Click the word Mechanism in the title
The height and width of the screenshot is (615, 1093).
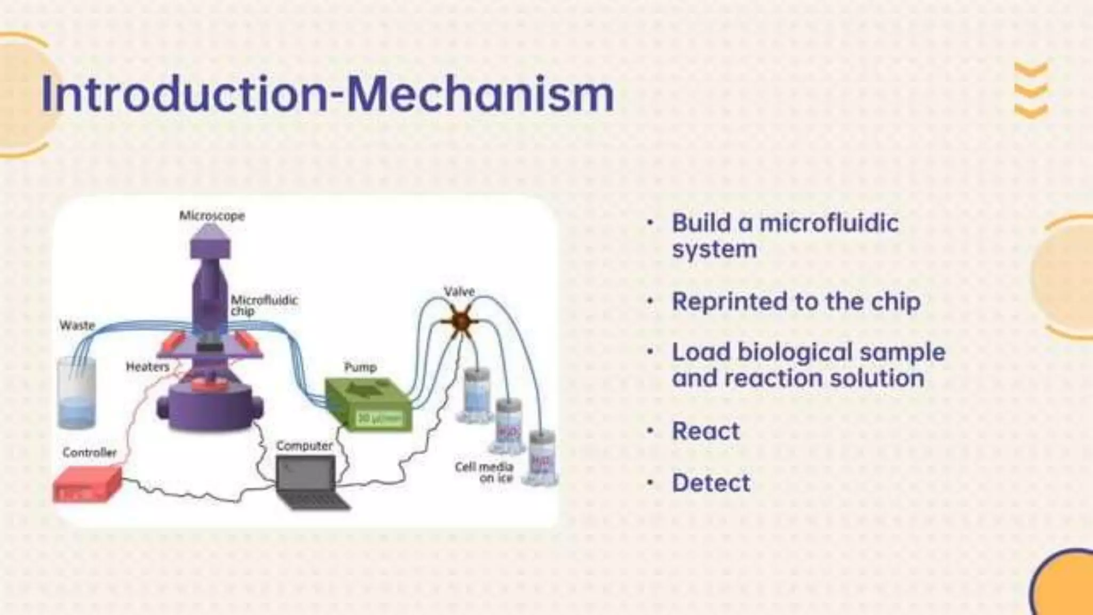[480, 94]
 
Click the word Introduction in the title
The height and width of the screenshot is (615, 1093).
[184, 94]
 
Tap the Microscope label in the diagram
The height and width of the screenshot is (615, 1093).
[212, 216]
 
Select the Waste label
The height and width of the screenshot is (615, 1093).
[77, 325]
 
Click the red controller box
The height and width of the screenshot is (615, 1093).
[87, 484]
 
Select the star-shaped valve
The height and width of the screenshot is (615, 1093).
[461, 322]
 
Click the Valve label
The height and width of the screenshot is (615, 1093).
[459, 292]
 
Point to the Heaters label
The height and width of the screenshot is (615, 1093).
[147, 367]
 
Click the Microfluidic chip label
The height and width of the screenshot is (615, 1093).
[264, 305]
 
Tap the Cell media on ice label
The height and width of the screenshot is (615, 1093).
[485, 472]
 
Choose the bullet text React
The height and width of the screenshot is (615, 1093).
[706, 431]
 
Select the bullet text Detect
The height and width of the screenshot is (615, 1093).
[711, 483]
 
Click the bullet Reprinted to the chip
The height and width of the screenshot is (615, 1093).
[796, 302]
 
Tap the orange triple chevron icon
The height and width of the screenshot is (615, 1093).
[1031, 91]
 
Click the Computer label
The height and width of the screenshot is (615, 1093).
[304, 445]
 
